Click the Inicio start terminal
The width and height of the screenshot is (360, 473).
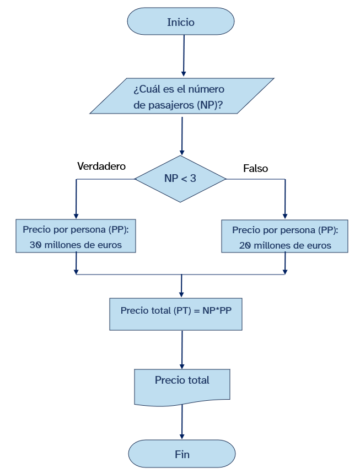pyautogui.click(x=181, y=22)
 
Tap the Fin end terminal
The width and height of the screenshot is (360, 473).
pyautogui.click(x=182, y=454)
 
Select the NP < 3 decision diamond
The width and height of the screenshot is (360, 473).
pyautogui.click(x=180, y=179)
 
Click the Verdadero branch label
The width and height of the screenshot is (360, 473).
pyautogui.click(x=101, y=166)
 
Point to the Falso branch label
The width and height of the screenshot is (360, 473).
pyautogui.click(x=255, y=169)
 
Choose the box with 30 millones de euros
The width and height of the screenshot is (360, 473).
pyautogui.click(x=76, y=237)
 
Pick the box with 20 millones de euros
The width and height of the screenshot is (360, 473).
pyautogui.click(x=284, y=237)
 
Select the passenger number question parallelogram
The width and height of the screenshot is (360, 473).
pyautogui.click(x=182, y=96)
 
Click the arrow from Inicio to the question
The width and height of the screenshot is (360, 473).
pyautogui.click(x=184, y=55)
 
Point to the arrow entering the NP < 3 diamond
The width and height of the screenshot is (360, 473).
pyautogui.click(x=181, y=135)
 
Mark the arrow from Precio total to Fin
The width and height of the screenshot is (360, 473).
pyautogui.click(x=182, y=423)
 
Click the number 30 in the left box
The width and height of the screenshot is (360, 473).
pyautogui.click(x=36, y=245)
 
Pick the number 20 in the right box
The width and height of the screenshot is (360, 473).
pyautogui.click(x=245, y=245)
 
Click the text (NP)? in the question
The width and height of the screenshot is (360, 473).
pyautogui.click(x=209, y=105)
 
